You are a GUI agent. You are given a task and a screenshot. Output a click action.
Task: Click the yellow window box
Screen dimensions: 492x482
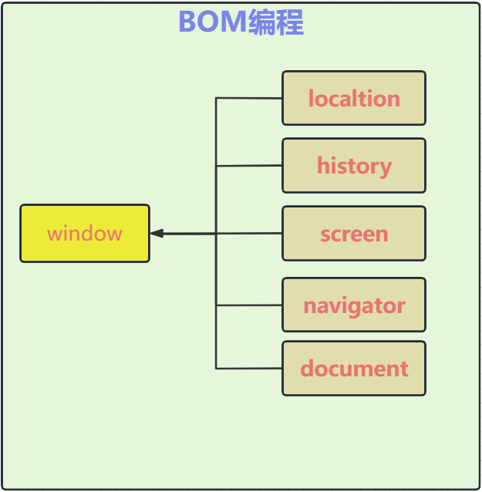click(x=85, y=234)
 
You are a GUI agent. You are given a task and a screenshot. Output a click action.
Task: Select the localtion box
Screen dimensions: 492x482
click(x=354, y=98)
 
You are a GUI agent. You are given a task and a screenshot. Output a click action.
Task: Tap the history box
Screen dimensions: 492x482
click(x=354, y=165)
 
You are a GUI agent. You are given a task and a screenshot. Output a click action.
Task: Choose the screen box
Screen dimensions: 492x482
click(x=354, y=234)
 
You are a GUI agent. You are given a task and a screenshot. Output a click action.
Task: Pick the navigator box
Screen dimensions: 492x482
click(x=354, y=305)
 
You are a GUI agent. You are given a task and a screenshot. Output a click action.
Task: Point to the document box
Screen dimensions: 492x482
click(x=354, y=369)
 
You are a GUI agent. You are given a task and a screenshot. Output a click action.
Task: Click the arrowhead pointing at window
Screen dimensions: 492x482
click(x=157, y=234)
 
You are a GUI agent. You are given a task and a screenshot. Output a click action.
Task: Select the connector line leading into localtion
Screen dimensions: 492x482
click(x=248, y=98)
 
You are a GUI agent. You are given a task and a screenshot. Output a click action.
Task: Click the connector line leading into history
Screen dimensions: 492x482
click(x=248, y=166)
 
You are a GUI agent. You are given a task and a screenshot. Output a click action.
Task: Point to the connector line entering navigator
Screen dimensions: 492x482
click(x=248, y=305)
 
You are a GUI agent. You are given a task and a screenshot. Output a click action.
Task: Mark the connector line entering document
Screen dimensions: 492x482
click(x=248, y=369)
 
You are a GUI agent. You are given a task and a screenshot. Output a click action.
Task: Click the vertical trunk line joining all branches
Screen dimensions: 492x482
click(x=216, y=270)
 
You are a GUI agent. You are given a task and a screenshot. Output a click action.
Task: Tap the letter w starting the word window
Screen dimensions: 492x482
click(x=53, y=234)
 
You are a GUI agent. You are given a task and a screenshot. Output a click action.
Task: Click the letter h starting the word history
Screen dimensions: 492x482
click(x=322, y=165)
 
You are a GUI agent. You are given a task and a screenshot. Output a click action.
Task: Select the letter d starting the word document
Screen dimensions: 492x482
click(x=306, y=369)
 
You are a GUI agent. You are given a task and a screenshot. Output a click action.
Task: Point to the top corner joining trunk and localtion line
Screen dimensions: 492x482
click(x=216, y=98)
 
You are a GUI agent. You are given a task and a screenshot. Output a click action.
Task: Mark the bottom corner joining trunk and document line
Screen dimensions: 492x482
click(x=216, y=369)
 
